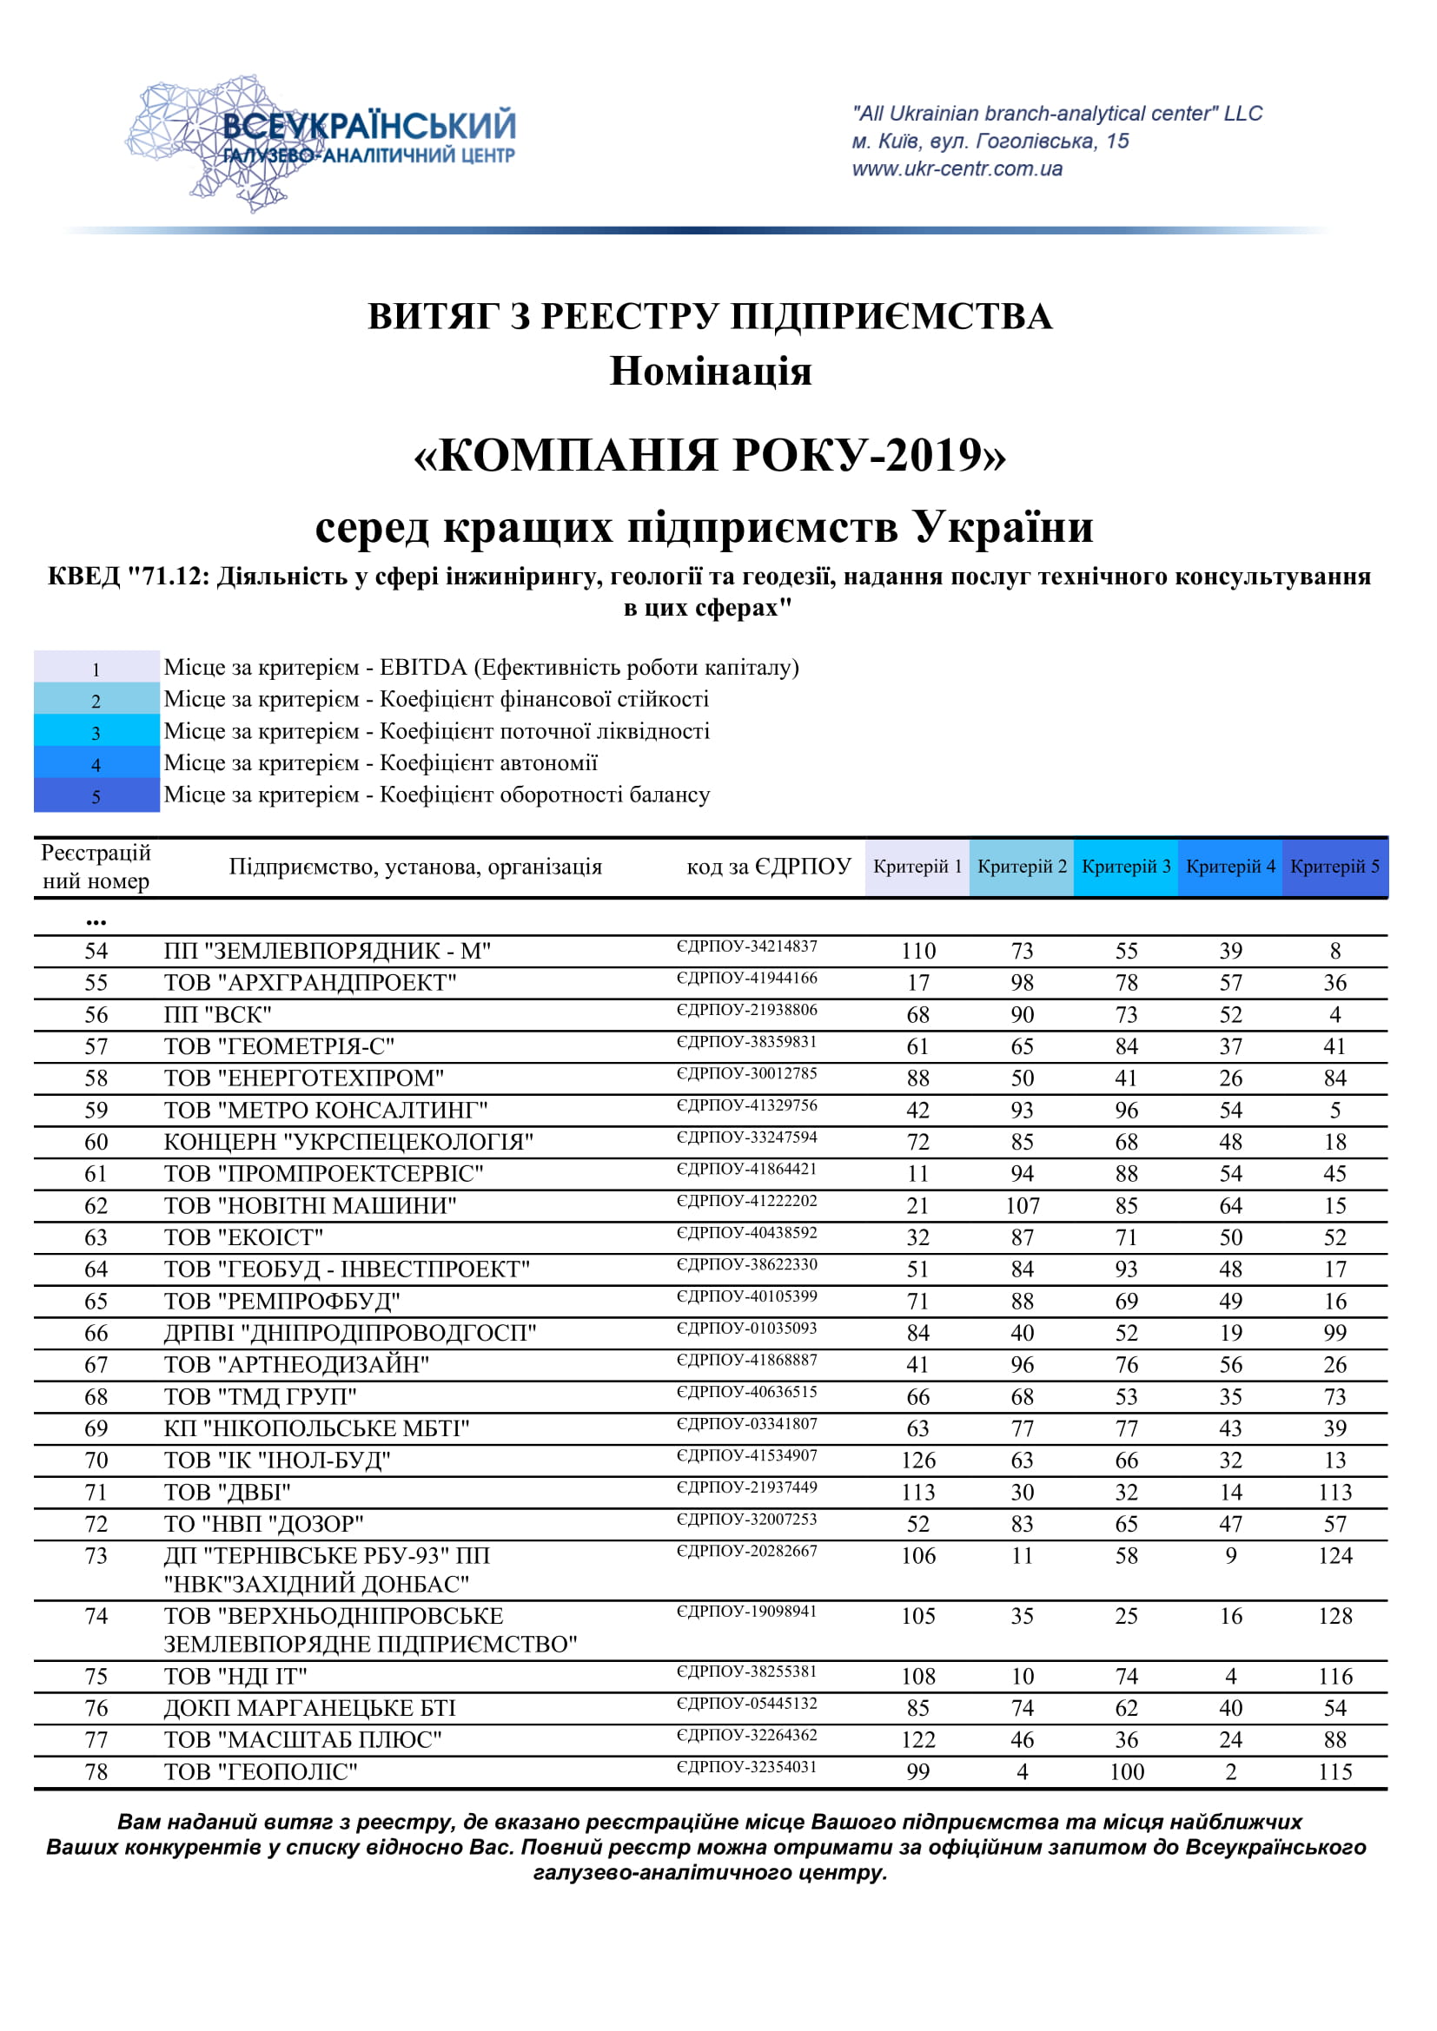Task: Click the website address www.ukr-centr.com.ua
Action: click(957, 169)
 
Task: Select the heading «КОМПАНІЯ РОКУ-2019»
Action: click(710, 456)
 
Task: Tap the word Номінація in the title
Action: click(711, 372)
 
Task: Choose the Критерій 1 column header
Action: click(917, 867)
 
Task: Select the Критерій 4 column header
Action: click(1230, 867)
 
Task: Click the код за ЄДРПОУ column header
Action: click(768, 867)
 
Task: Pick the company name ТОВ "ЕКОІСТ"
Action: click(243, 1237)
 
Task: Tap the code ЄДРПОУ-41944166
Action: click(747, 979)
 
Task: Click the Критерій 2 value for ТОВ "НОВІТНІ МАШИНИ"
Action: click(1022, 1206)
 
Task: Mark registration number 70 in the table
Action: click(96, 1461)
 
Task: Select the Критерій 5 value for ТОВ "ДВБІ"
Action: click(1334, 1493)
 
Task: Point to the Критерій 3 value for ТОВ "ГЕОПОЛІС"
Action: click(1127, 1772)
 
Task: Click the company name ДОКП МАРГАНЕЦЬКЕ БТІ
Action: click(309, 1708)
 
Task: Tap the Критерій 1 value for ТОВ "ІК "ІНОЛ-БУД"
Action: click(917, 1461)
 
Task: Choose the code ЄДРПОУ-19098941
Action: click(747, 1612)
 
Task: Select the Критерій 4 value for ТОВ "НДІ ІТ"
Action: click(1230, 1676)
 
